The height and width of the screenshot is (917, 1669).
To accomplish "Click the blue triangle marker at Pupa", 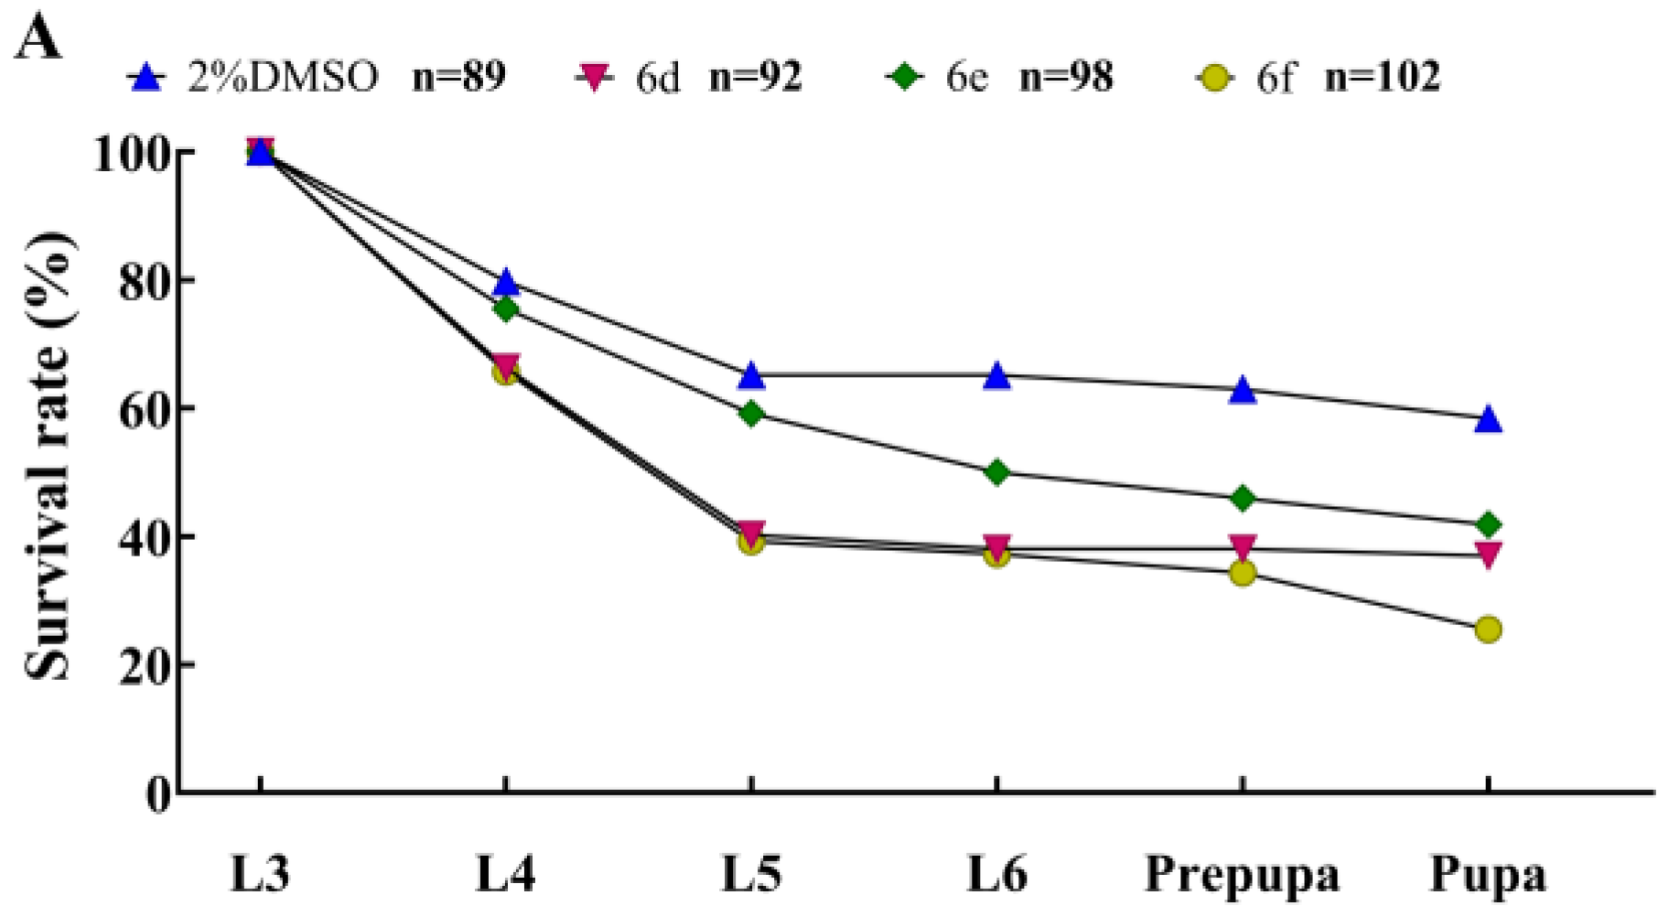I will point(1488,420).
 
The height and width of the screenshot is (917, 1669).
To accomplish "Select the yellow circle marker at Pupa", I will point(1488,630).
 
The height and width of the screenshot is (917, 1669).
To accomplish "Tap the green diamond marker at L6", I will point(996,473).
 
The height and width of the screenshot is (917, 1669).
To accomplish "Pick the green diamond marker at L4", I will point(506,309).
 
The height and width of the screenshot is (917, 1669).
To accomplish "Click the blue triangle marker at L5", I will point(751,376).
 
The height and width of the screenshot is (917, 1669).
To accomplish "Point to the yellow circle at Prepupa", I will point(1242,574).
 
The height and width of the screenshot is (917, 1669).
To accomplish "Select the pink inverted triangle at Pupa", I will point(1488,554).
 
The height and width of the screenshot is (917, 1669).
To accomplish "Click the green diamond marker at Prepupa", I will point(1242,499).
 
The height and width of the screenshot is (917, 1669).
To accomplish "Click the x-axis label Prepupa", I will point(1242,874).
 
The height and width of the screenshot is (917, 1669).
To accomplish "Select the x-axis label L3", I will point(260,874).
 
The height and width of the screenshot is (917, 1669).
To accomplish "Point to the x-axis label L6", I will point(996,874).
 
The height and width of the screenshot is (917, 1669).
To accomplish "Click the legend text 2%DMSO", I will point(283,77).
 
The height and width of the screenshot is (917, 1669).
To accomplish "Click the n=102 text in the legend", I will point(1382,77).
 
